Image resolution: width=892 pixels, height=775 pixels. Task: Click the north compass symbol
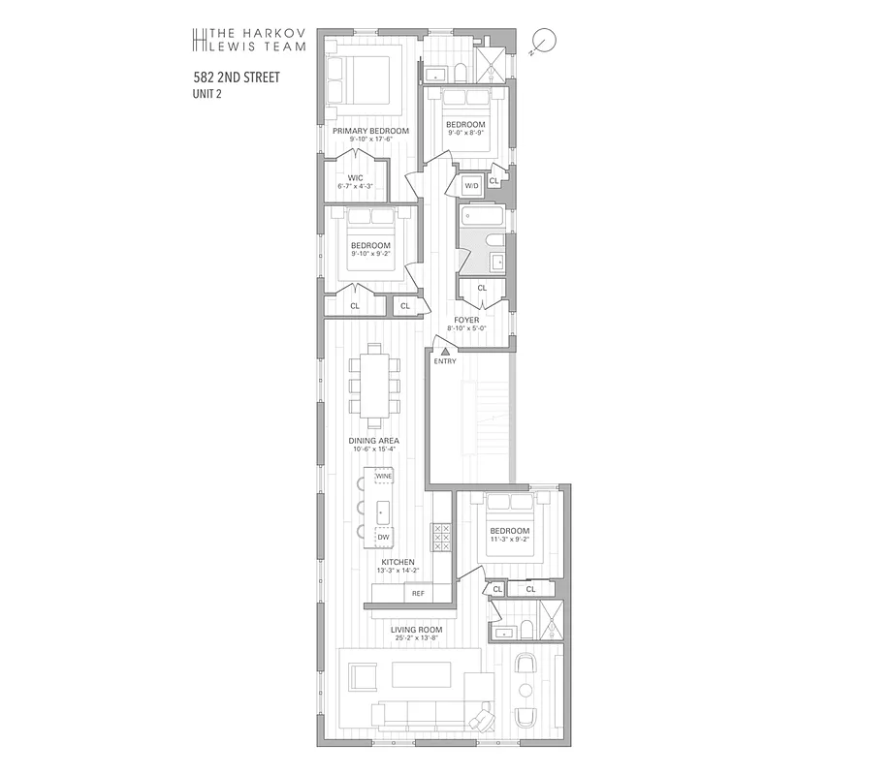coord(545,41)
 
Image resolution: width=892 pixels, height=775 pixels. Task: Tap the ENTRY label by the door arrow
coord(445,361)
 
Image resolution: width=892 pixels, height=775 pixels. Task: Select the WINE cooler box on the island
coord(384,477)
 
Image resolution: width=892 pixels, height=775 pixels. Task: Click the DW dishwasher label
coord(383,536)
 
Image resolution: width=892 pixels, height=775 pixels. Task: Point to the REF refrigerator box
coord(418,593)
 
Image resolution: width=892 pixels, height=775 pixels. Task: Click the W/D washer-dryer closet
coord(472,185)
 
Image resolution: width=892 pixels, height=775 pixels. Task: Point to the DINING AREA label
coord(374,441)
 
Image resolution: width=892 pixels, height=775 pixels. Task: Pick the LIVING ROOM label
coord(414,629)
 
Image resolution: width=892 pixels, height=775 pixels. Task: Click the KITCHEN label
coord(398,562)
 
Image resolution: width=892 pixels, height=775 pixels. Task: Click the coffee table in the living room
coord(421,673)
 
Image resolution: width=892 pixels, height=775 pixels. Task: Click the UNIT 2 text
coord(208,94)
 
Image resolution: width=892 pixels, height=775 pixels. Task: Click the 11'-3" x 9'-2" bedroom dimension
coord(509,541)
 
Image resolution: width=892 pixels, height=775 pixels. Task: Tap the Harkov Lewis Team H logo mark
coord(201,39)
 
